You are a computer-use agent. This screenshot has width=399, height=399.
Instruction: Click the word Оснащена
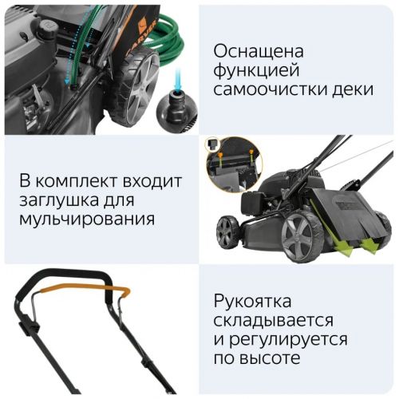[x=259, y=51]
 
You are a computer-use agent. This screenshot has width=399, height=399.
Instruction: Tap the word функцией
[x=256, y=71]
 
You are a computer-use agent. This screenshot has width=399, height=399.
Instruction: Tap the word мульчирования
[x=87, y=219]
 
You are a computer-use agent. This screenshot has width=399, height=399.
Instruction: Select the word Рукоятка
[x=252, y=302]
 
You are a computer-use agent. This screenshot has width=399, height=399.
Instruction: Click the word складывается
[x=274, y=320]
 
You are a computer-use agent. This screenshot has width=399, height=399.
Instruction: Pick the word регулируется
[x=288, y=340]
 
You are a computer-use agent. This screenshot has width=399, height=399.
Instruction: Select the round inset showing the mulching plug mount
[x=235, y=165]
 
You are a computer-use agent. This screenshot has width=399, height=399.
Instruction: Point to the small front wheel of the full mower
[x=227, y=231]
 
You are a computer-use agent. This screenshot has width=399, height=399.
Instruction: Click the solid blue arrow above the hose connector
[x=178, y=79]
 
